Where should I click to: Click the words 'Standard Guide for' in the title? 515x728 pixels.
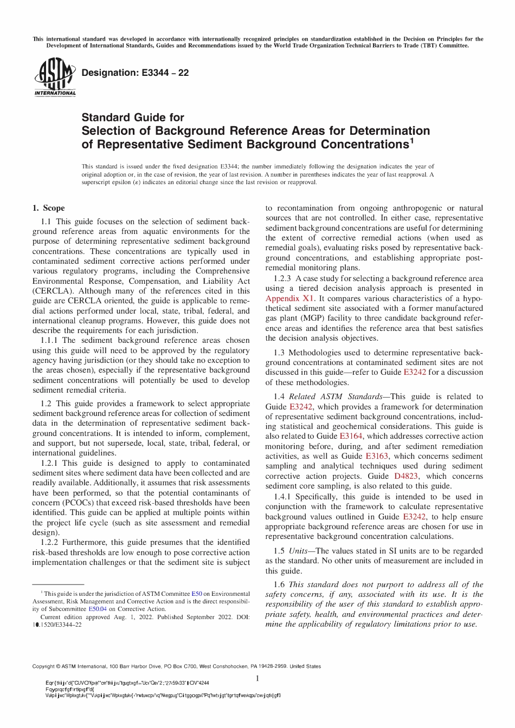133,117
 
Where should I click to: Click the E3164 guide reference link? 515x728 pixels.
351,436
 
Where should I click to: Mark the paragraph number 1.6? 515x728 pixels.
279,584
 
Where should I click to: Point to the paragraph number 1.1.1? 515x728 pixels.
50,340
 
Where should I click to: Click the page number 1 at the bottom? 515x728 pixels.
257,679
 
